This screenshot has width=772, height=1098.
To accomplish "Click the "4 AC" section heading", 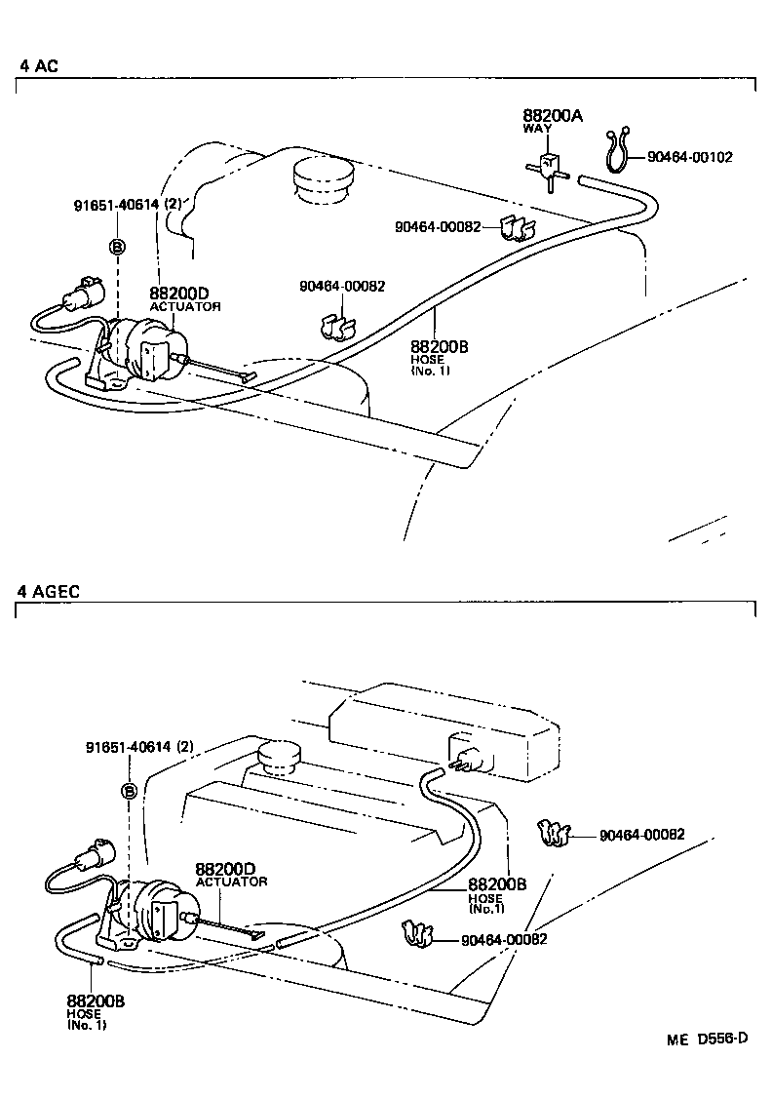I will pos(39,66).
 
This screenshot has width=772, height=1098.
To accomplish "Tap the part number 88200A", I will pos(553,116).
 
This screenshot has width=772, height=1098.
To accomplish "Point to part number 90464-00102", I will pos(689,156).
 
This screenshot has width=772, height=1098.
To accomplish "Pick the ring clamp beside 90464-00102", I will pos(616,151).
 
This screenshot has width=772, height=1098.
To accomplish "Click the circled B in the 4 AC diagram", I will pos(117,247).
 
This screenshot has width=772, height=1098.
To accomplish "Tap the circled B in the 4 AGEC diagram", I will pos(128,791).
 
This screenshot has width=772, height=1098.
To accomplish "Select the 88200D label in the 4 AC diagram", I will pos(179,294).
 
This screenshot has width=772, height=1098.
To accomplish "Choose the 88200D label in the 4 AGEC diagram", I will pos(225,869).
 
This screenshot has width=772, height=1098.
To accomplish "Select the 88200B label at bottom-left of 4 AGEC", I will pos(96,1000).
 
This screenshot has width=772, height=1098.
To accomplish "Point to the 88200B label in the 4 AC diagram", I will pos(440,347).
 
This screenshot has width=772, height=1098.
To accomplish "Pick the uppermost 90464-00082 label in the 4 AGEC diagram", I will pos(641,835).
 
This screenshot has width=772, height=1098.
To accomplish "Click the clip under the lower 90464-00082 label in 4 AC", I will pos(333,325).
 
